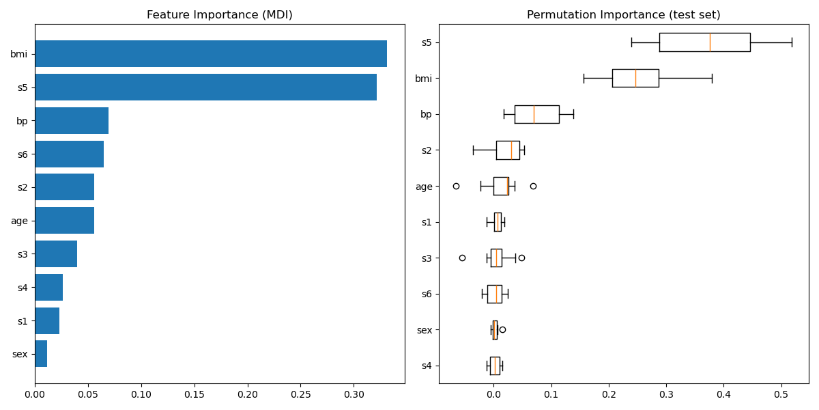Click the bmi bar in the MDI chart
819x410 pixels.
pyautogui.click(x=210, y=54)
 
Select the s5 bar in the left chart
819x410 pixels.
pyautogui.click(x=205, y=87)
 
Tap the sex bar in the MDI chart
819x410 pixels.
pyautogui.click(x=41, y=354)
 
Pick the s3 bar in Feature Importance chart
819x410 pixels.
pyautogui.click(x=56, y=254)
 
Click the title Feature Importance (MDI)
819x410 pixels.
pyautogui.click(x=219, y=15)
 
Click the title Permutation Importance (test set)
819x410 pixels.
pyautogui.click(x=623, y=15)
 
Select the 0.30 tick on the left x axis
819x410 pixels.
pyautogui.click(x=354, y=395)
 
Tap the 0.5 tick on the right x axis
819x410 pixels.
pyautogui.click(x=781, y=395)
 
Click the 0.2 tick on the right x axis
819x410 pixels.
pyautogui.click(x=609, y=395)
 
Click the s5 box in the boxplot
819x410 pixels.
pyautogui.click(x=704, y=42)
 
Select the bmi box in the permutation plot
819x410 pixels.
pyautogui.click(x=635, y=78)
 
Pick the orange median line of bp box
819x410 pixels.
pyautogui.click(x=534, y=114)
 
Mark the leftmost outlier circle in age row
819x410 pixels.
pyautogui.click(x=456, y=186)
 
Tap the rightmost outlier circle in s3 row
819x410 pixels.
pyautogui.click(x=521, y=258)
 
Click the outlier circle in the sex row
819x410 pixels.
pyautogui.click(x=502, y=329)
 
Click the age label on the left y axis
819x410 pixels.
pyautogui.click(x=19, y=221)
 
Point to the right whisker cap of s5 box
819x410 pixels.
pyautogui.click(x=792, y=42)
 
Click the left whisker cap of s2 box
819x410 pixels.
pyautogui.click(x=473, y=150)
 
